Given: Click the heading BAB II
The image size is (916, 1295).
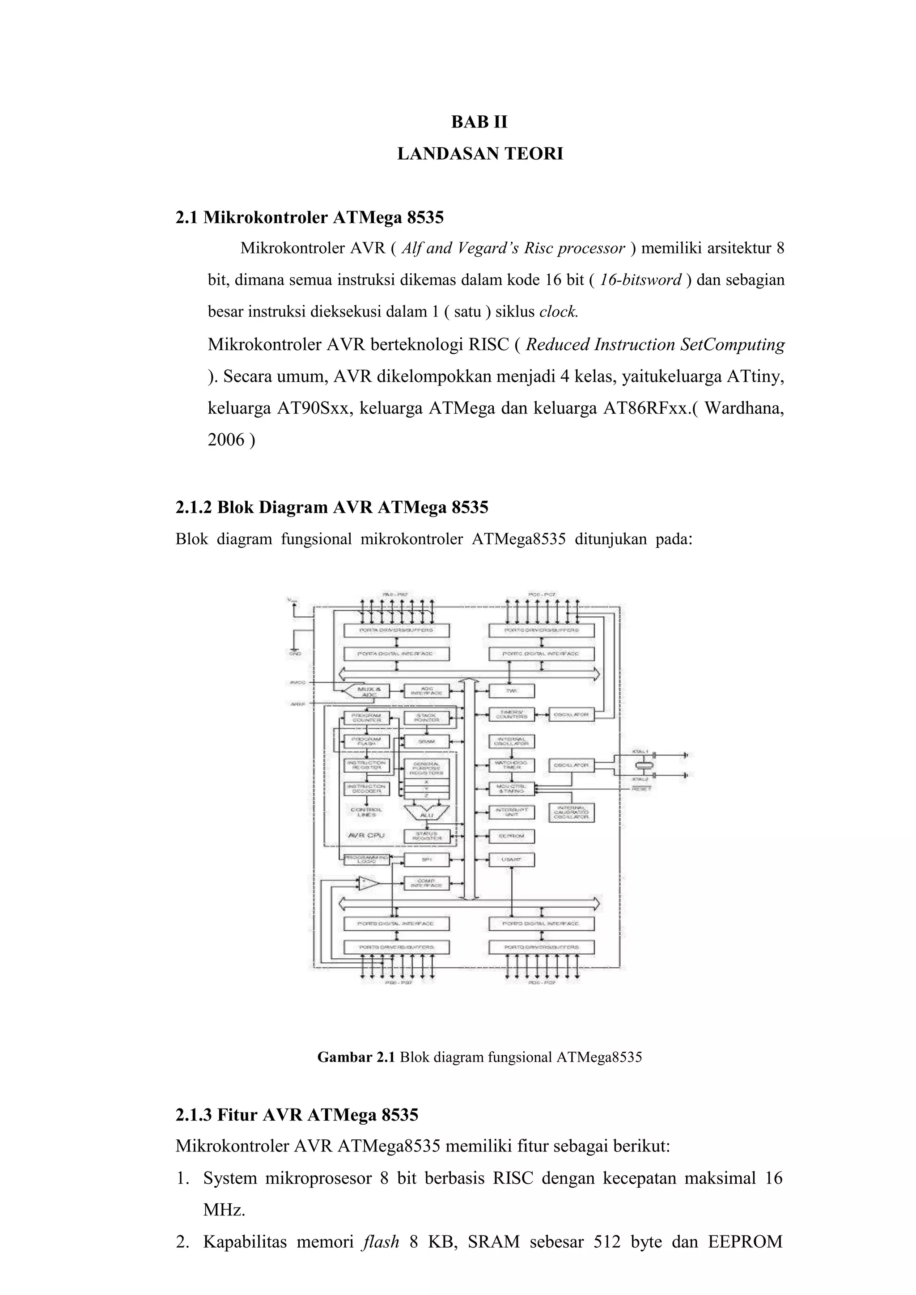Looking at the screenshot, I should tap(479, 123).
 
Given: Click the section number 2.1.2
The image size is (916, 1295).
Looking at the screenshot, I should tap(194, 508).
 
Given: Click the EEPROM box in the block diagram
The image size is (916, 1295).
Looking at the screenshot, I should tap(512, 836).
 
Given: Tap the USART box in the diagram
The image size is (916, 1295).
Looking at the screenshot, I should tap(512, 859).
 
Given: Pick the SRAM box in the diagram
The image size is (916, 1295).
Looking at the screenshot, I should tap(426, 741).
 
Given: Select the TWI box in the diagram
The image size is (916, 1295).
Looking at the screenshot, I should tap(512, 690).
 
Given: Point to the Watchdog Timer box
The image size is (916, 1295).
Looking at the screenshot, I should tap(512, 765).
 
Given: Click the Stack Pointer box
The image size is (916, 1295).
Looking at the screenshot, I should tap(426, 717).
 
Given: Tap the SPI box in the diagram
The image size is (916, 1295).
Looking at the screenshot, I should tap(426, 859).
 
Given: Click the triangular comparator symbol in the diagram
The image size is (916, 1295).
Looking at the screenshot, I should tap(368, 883).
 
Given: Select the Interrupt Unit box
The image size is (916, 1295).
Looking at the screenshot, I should tap(512, 812).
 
